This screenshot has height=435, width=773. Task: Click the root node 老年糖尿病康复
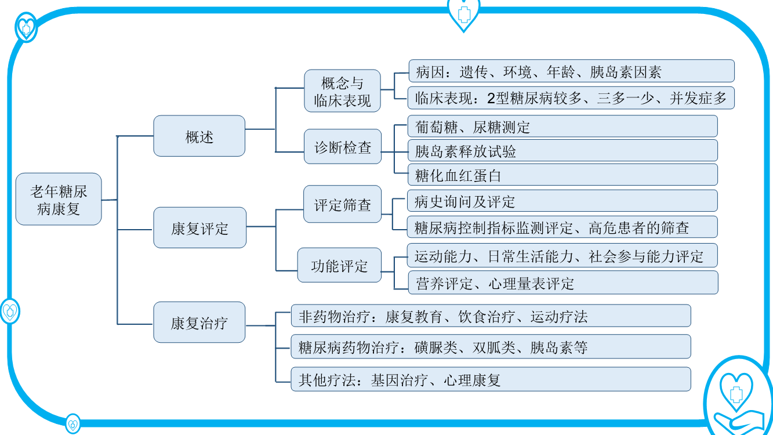click(x=59, y=199)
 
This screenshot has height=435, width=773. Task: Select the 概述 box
click(x=199, y=136)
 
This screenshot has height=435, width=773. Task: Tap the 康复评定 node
click(x=199, y=228)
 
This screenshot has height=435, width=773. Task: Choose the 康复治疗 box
click(x=199, y=322)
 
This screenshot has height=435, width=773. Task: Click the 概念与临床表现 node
click(x=342, y=90)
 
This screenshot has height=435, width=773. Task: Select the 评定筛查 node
click(x=342, y=204)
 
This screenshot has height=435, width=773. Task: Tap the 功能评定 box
click(x=339, y=265)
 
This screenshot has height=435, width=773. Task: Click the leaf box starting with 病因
click(x=571, y=71)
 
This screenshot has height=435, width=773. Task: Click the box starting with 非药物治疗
click(x=491, y=316)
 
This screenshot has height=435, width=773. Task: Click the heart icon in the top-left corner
click(x=26, y=27)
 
